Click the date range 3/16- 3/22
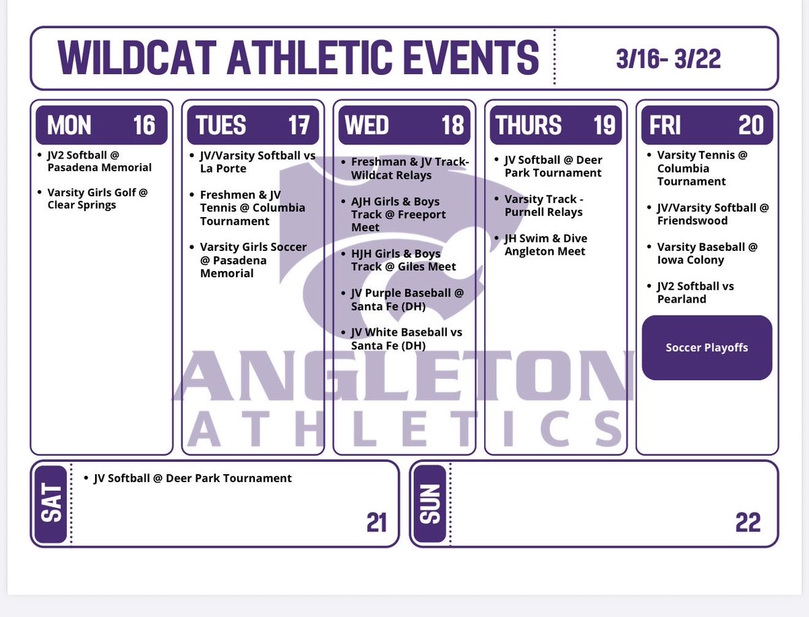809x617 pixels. tap(668, 59)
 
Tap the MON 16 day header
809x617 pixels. tap(101, 125)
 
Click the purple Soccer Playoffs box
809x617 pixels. tap(707, 348)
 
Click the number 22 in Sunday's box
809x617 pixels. tap(748, 522)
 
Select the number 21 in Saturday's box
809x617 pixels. tap(376, 522)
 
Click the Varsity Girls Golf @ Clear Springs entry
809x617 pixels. tap(96, 198)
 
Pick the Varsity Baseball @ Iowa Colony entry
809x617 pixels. tap(707, 253)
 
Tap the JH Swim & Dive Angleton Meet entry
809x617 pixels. tap(545, 245)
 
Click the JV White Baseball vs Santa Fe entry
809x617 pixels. tap(406, 339)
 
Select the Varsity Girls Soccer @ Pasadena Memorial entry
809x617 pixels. tap(252, 260)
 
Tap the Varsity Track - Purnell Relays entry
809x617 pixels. tap(543, 205)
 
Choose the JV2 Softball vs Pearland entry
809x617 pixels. tap(694, 292)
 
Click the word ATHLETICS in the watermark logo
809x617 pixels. tap(404, 428)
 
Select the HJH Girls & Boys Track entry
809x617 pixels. tap(402, 260)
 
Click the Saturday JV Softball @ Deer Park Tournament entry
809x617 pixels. tap(192, 478)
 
